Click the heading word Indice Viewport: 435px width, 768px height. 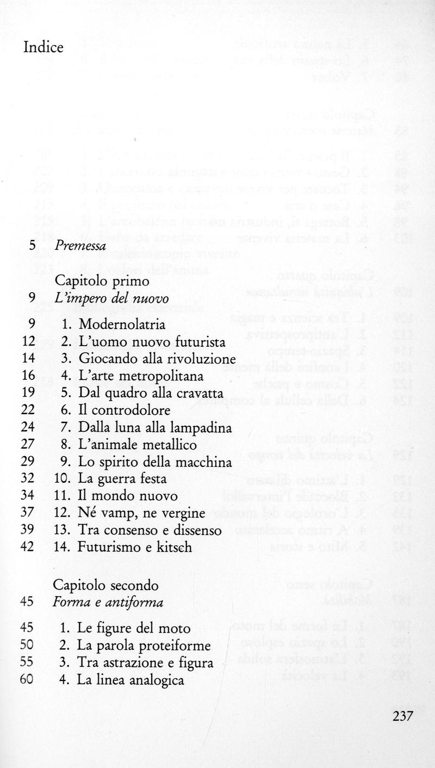pyautogui.click(x=43, y=47)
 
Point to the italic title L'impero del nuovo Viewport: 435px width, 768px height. pyautogui.click(x=111, y=298)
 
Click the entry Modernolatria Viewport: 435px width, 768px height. pyautogui.click(x=122, y=325)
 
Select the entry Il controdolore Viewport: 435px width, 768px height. pyautogui.click(x=123, y=410)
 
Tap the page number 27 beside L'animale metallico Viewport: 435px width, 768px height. pyautogui.click(x=28, y=445)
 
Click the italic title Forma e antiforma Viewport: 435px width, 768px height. pyautogui.click(x=109, y=603)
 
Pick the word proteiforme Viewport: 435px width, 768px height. pyautogui.click(x=175, y=646)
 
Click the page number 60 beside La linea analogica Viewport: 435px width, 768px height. pyautogui.click(x=28, y=680)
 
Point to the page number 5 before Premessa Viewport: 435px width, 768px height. pyautogui.click(x=32, y=246)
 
